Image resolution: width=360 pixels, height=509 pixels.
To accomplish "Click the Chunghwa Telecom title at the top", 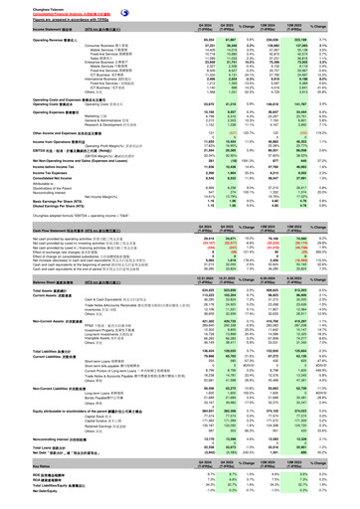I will (23, 5).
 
